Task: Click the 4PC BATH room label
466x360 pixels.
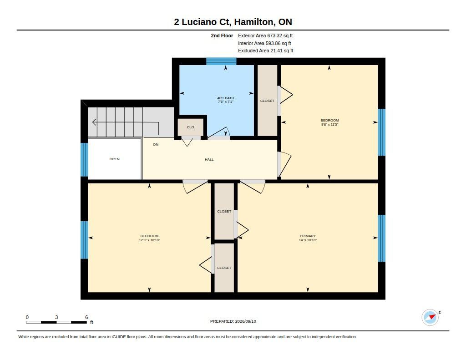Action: coord(226,98)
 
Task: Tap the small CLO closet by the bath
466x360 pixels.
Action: coord(191,127)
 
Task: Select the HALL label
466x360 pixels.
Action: coord(209,159)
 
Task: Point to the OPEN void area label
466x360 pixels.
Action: coord(114,159)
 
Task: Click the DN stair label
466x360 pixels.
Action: coord(156,144)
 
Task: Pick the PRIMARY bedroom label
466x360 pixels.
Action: coord(308,236)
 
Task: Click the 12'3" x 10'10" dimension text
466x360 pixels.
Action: coord(149,240)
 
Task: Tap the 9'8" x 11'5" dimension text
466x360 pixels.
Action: coord(329,125)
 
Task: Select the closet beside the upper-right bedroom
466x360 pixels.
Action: coord(267,101)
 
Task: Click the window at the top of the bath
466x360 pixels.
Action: coord(222,61)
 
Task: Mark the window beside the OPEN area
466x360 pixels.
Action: coord(84,160)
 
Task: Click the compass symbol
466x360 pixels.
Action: coord(430,318)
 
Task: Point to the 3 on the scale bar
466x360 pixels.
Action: coord(56,317)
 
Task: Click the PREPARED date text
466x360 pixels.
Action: coord(233,321)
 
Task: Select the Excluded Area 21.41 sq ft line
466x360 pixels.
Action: coord(266,51)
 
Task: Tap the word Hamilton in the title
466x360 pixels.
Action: coord(254,22)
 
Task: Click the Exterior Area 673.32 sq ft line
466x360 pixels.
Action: coord(265,35)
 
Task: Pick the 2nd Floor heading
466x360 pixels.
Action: coord(222,35)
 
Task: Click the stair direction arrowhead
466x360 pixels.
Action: coord(95,122)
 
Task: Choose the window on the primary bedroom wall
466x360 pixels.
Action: coord(382,238)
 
